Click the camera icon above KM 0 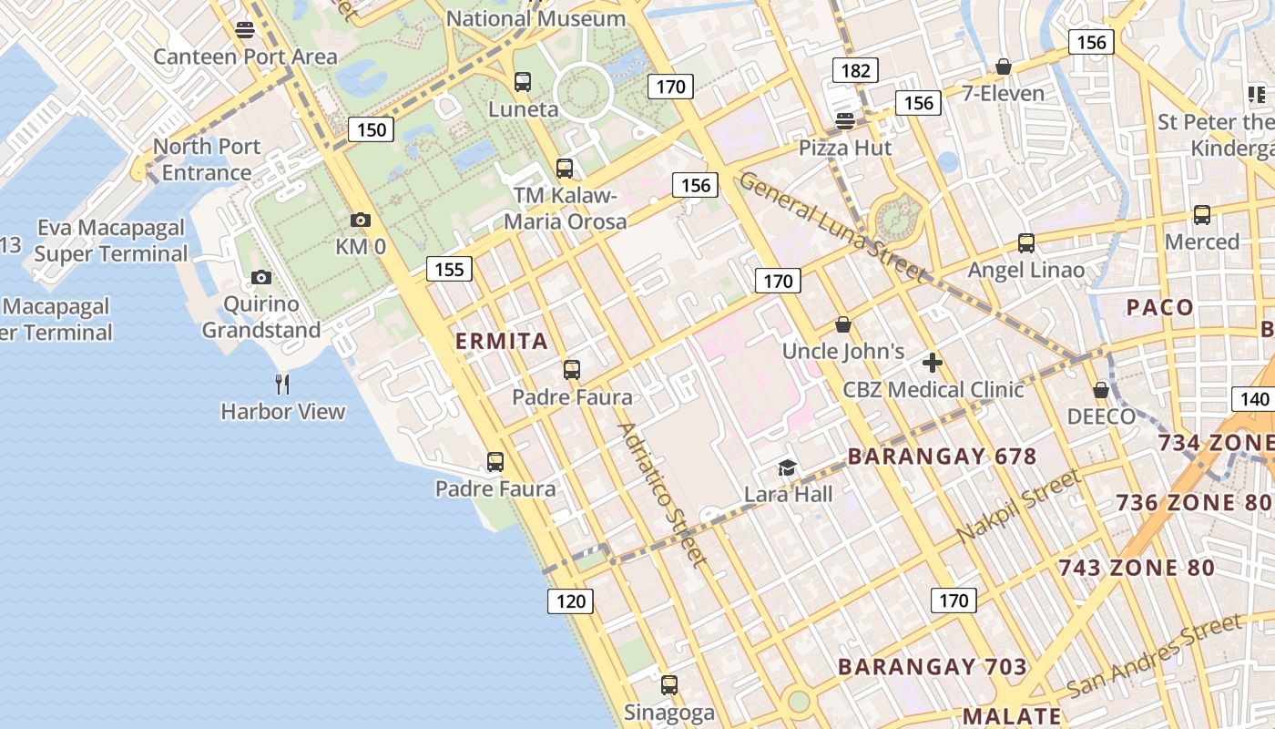coord(361,220)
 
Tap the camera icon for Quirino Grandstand coord(261,277)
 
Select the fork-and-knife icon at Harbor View coord(282,385)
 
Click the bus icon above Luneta coord(523,82)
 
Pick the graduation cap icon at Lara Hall coord(787,468)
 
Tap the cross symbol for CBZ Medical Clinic coord(932,363)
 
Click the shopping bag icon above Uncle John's coord(843,324)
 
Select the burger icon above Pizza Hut coord(845,121)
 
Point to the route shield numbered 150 coord(371,129)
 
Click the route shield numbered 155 coord(449,268)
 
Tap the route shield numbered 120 coord(570,601)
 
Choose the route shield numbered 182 coord(855,70)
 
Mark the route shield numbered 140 coord(1254,399)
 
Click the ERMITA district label coord(502,342)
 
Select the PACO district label coord(1160,307)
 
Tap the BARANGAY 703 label coord(933,667)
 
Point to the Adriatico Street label coord(662,494)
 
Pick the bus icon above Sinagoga coord(669,685)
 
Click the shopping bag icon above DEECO coord(1101,390)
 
